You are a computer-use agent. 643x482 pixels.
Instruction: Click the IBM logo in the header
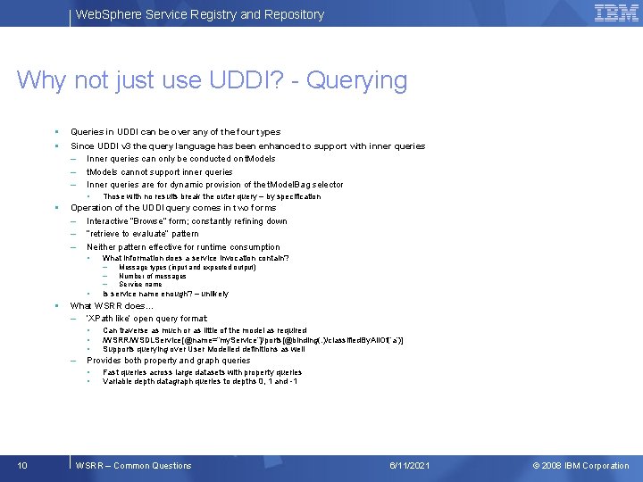[615, 13]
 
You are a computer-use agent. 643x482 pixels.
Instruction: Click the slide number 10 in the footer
[22, 465]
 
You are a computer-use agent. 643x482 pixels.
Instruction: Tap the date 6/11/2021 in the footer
[410, 465]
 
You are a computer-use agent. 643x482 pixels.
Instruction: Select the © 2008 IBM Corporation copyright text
[580, 465]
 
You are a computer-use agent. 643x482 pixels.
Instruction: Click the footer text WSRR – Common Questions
[134, 465]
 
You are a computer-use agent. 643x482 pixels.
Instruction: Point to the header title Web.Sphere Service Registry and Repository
[199, 14]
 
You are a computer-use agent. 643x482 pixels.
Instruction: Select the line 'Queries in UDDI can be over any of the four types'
[175, 132]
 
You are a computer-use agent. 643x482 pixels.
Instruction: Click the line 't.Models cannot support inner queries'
[159, 172]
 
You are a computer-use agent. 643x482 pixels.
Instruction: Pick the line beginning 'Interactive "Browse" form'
[187, 221]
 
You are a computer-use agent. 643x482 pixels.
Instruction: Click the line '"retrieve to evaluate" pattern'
[142, 234]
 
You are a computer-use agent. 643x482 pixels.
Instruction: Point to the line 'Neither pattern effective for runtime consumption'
[183, 247]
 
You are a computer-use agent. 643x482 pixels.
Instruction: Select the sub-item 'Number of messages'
[152, 276]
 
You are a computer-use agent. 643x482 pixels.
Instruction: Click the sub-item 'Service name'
[140, 284]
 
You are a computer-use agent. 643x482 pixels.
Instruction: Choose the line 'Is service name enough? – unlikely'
[165, 294]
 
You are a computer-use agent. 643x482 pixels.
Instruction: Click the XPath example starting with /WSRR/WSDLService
[253, 340]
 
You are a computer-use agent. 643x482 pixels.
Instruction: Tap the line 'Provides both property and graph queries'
[168, 361]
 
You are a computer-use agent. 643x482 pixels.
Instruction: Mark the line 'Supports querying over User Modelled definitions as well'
[204, 349]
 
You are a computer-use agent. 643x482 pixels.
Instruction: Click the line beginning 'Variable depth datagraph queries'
[200, 381]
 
